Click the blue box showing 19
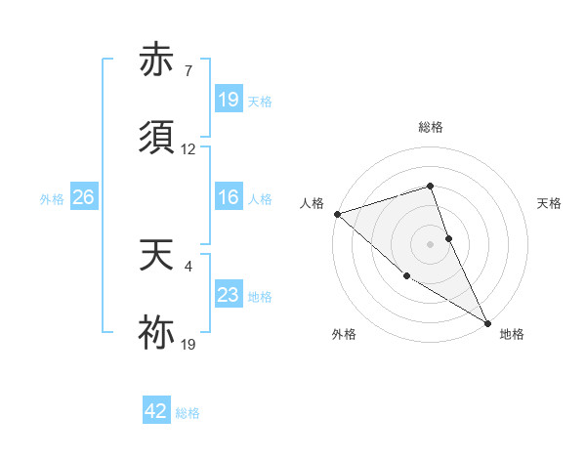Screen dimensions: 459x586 click(228, 100)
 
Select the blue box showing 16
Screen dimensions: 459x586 click(228, 198)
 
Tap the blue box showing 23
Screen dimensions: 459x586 click(228, 296)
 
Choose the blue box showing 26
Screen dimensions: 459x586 click(83, 198)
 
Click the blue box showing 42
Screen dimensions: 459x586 click(156, 411)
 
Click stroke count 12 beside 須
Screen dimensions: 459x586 click(188, 149)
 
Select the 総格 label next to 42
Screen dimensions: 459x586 click(188, 413)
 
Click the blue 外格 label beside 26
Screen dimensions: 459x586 click(52, 199)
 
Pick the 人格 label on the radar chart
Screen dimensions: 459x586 click(312, 203)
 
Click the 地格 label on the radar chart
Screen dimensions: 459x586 click(512, 334)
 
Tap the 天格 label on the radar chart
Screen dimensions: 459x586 click(549, 203)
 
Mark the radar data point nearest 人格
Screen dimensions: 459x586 click(337, 214)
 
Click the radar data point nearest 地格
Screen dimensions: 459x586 click(487, 322)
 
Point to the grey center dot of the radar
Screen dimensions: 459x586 click(430, 243)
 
